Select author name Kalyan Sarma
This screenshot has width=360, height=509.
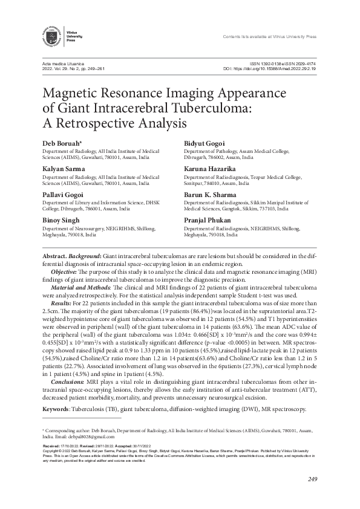tap(64, 168)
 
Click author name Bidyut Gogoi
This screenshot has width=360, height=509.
tap(203, 143)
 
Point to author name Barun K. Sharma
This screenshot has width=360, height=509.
tap(209, 194)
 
